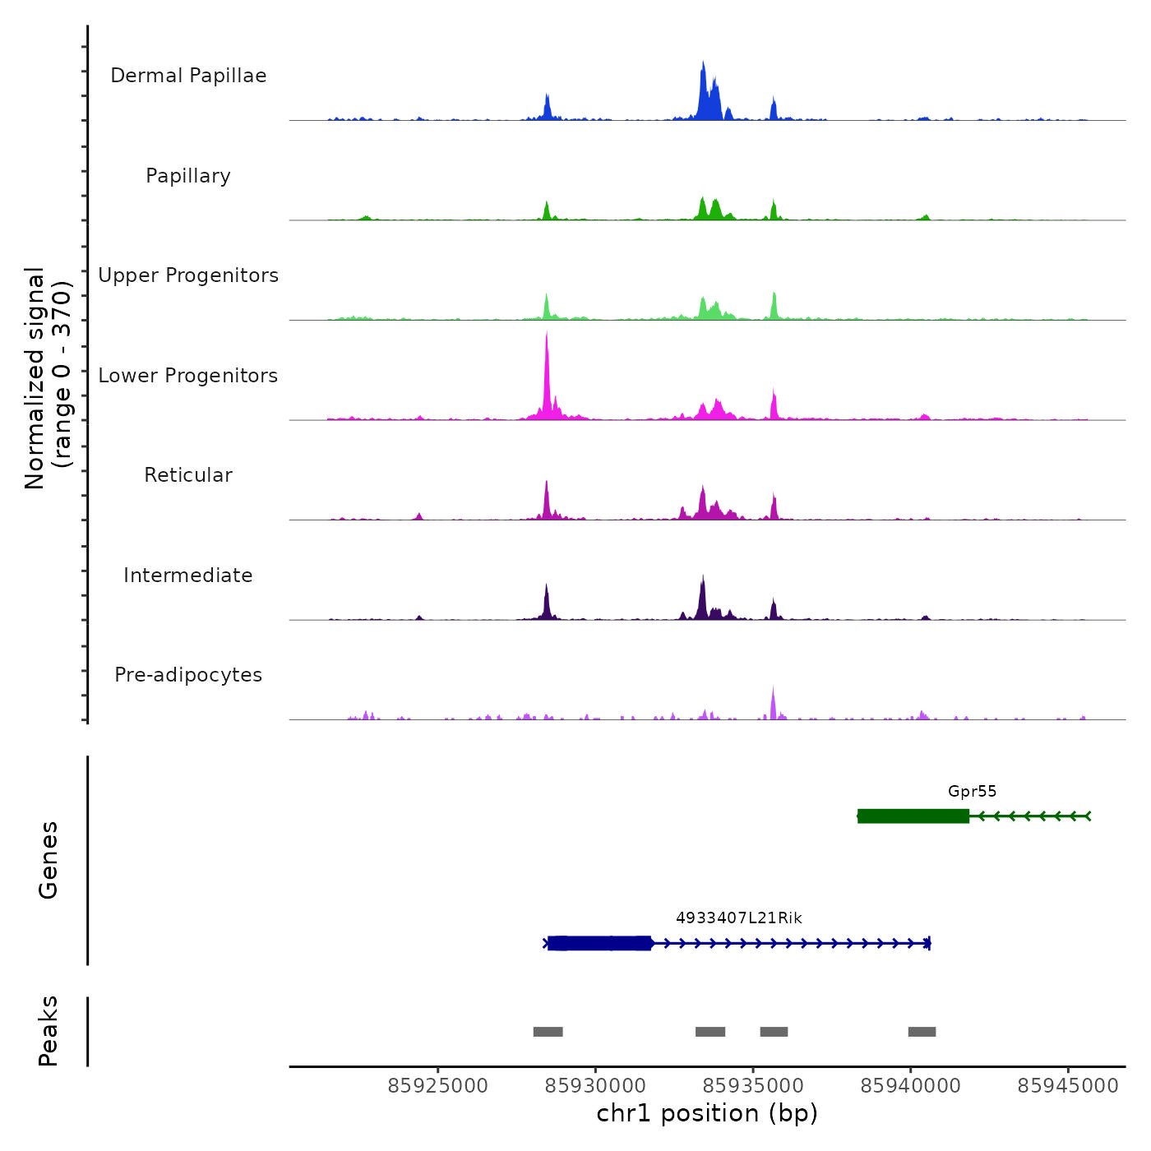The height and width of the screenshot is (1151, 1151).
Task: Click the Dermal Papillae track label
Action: [x=188, y=76]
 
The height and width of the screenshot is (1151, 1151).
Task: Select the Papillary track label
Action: [x=188, y=176]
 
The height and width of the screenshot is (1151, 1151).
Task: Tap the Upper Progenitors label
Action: [x=188, y=275]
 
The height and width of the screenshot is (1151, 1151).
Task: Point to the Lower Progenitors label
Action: [x=188, y=376]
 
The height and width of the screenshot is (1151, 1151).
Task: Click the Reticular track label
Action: [x=188, y=475]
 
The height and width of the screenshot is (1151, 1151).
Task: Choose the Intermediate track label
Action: [x=188, y=575]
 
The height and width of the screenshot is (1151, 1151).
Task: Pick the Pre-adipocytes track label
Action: [x=188, y=675]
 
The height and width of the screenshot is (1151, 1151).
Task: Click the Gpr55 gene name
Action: [x=972, y=792]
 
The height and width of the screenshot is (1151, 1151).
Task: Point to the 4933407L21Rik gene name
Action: [x=738, y=918]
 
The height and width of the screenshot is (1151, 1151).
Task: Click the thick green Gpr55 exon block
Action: [x=913, y=816]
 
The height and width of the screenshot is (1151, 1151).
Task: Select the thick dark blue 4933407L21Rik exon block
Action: [x=599, y=943]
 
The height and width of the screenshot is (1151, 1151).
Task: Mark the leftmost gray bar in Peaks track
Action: [x=548, y=1032]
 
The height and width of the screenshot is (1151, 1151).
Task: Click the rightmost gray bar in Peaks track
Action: [x=922, y=1032]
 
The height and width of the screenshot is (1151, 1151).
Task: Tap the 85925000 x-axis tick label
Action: [x=437, y=1086]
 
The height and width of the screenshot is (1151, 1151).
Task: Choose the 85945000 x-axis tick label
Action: [x=1068, y=1086]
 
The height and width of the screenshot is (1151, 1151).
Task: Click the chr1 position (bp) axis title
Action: [x=707, y=1114]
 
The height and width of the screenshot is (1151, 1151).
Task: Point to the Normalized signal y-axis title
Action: [x=48, y=378]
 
